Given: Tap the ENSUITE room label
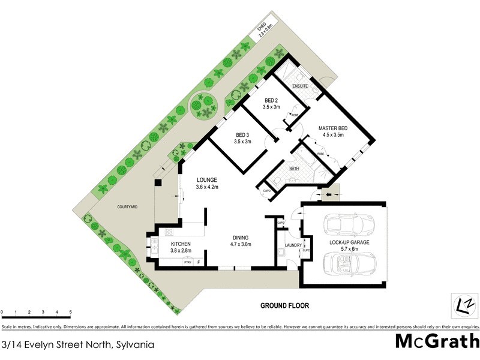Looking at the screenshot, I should [300, 86].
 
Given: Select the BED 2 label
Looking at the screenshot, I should [271, 100].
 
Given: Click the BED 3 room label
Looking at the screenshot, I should [242, 135].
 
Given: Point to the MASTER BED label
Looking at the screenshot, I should [334, 128].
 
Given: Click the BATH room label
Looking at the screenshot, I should [294, 169].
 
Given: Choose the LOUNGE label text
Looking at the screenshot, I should [206, 180].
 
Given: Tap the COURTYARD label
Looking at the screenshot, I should [127, 206].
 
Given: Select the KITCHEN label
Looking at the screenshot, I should [181, 244].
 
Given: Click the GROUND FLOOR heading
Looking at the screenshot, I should [284, 305].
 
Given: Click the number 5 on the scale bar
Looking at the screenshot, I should [71, 313].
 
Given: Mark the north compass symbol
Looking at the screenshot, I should [461, 304].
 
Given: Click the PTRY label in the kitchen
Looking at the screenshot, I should [187, 262].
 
